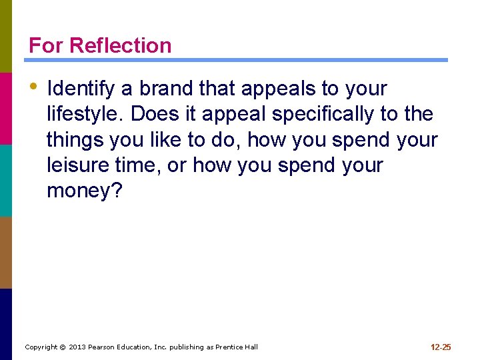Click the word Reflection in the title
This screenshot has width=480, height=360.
(120, 45)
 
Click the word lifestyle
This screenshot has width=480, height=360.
(84, 114)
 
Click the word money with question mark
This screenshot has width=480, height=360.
(85, 191)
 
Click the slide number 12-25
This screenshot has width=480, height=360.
(441, 347)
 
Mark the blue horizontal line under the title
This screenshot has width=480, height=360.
(238, 60)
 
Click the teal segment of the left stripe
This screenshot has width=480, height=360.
(6, 180)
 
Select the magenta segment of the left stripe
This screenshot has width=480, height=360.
(6, 108)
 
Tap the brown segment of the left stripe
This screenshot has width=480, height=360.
(6, 252)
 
